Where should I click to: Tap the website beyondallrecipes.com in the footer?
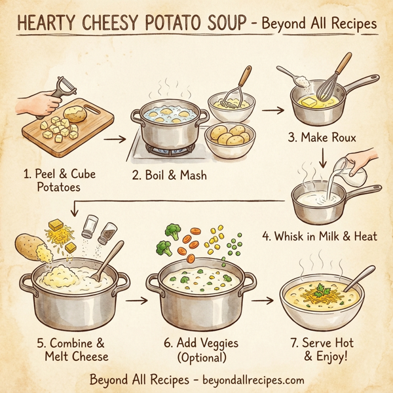pyautogui.click(x=246, y=380)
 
